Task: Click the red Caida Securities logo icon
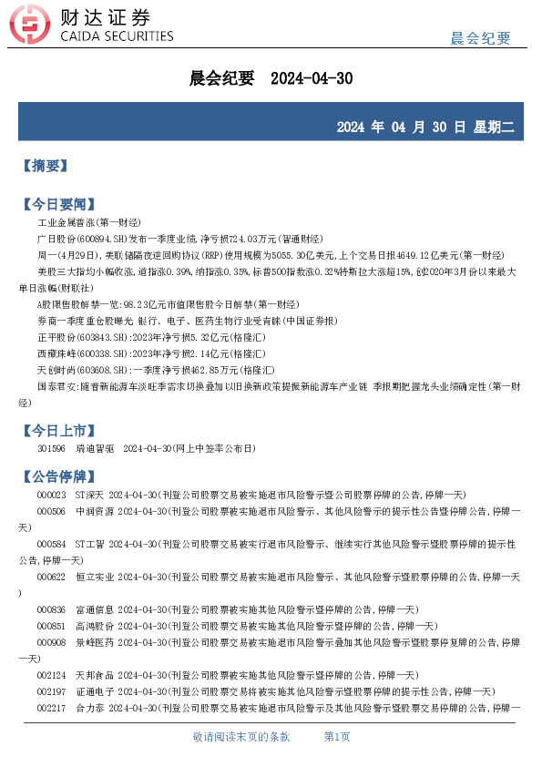(35, 26)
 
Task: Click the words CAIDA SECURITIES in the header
(116, 36)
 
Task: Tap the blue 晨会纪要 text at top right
(481, 37)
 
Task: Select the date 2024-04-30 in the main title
(312, 79)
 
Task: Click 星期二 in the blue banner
(493, 128)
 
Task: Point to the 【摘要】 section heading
(45, 166)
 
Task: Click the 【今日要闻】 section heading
(57, 203)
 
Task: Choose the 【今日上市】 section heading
(57, 430)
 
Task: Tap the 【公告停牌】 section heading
(57, 476)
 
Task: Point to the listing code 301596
(51, 449)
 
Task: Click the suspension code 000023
(51, 495)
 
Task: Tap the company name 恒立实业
(94, 578)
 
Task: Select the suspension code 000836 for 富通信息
(51, 609)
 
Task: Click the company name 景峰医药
(94, 642)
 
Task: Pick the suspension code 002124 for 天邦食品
(51, 675)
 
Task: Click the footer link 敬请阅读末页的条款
(241, 736)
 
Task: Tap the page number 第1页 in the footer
(337, 736)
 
